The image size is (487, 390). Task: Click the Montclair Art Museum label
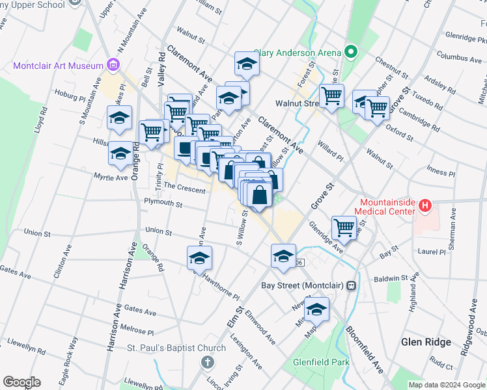click(57, 66)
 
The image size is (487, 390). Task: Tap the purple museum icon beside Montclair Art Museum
click(113, 65)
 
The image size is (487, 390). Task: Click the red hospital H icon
click(425, 206)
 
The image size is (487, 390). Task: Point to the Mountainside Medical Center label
click(384, 207)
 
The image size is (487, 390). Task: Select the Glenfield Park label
click(321, 363)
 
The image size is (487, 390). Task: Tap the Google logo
click(21, 382)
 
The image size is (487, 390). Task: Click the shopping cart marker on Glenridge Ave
click(344, 228)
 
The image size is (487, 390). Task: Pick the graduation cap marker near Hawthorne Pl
click(199, 259)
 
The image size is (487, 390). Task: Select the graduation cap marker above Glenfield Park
click(316, 310)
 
